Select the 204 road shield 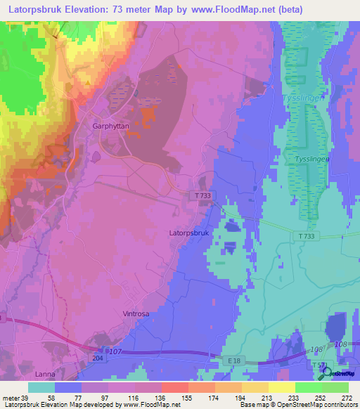[x=95, y=358]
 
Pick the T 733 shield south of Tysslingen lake [x=305, y=238]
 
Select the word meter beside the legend [x=10, y=397]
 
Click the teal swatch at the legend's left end [x=41, y=387]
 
